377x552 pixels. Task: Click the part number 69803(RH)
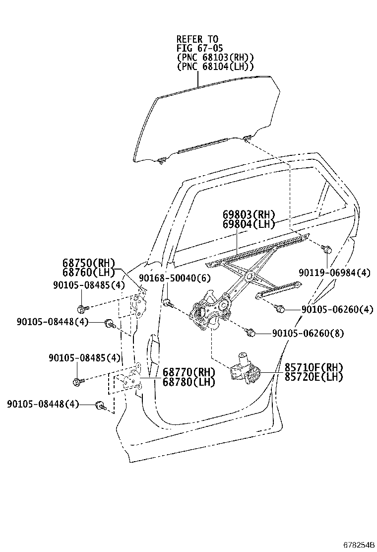[248, 215]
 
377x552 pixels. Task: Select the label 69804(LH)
[248, 224]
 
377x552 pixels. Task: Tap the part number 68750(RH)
[88, 263]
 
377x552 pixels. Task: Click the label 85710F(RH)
[314, 368]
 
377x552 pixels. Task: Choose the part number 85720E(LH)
[314, 377]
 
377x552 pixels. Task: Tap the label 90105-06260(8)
[315, 333]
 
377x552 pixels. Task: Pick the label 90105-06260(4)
[337, 309]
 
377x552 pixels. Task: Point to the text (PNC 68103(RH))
[215, 57]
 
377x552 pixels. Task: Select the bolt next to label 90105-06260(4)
[280, 309]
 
